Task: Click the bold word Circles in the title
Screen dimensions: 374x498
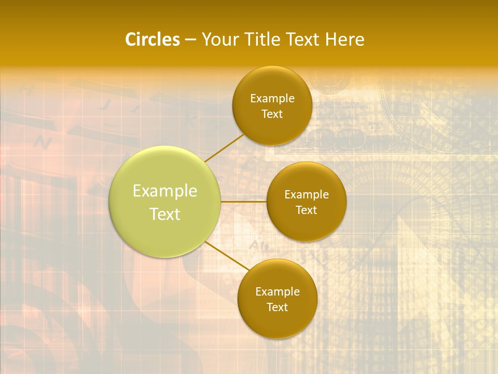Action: (x=152, y=39)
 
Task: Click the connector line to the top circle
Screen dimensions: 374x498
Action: (x=224, y=148)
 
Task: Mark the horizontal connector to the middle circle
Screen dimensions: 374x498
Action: (x=244, y=202)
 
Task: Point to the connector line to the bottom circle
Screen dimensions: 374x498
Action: (x=227, y=256)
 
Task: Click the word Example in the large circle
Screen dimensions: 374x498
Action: (x=165, y=191)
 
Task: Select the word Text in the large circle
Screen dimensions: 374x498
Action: (x=165, y=214)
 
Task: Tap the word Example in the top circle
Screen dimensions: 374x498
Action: (x=272, y=99)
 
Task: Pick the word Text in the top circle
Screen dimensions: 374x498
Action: (x=272, y=114)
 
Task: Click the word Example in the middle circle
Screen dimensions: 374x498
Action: (x=307, y=195)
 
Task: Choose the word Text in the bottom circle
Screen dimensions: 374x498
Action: (x=277, y=308)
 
